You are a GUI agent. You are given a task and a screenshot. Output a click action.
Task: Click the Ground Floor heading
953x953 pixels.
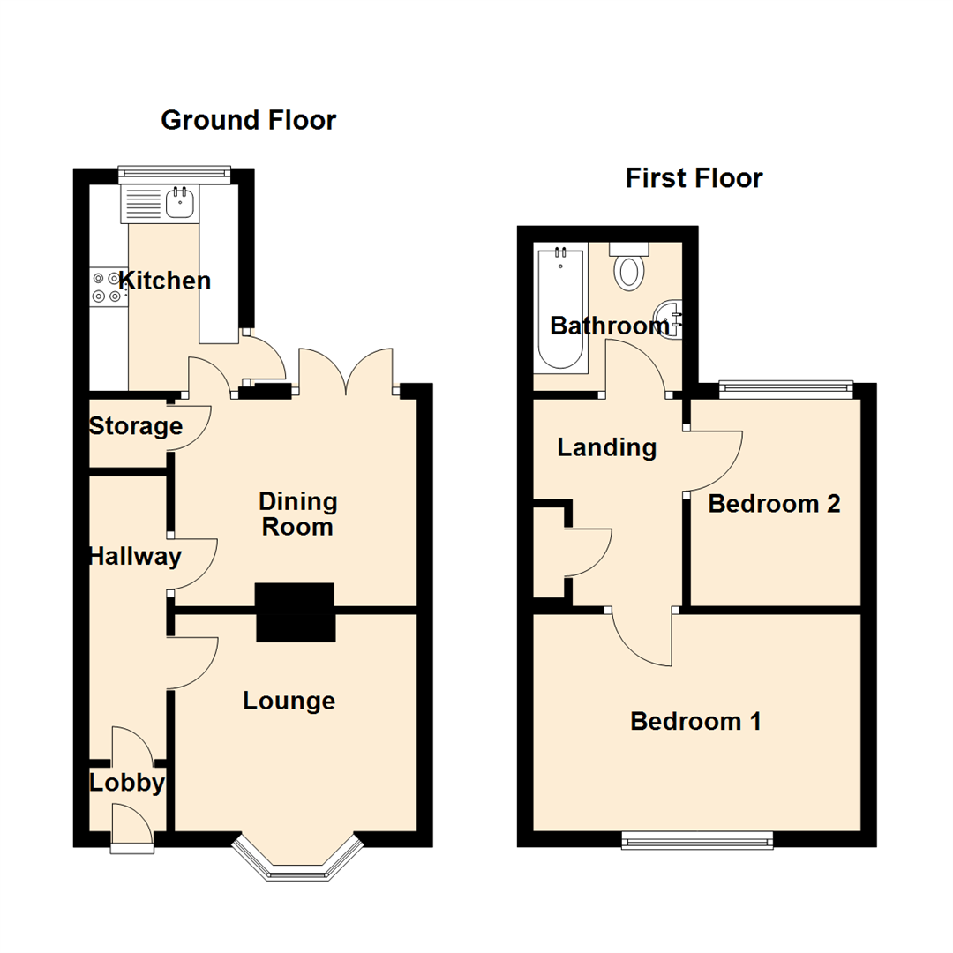point(248,120)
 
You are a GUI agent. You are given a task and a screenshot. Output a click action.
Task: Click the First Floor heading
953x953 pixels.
point(694,178)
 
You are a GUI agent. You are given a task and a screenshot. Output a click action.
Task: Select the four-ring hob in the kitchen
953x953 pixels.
point(109,287)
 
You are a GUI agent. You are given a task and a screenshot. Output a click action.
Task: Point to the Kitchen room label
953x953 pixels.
point(165,281)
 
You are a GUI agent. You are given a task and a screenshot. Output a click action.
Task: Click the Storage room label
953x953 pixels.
point(135,427)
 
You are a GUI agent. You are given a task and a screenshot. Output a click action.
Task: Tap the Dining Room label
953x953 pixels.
point(297,514)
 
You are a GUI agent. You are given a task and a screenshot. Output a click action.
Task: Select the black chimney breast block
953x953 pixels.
point(296,612)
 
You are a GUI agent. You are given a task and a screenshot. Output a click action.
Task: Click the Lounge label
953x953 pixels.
point(289,702)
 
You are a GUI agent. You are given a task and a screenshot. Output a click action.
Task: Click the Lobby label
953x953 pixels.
point(127,784)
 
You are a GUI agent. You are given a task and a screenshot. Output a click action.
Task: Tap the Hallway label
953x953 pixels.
point(135,557)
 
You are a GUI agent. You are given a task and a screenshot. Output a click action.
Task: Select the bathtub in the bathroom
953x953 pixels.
point(559,309)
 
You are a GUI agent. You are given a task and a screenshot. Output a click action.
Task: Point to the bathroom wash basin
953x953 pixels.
point(668,318)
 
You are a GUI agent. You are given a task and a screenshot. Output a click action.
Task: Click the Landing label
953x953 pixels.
point(607,448)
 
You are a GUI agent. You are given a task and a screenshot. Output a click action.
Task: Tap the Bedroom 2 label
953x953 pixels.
point(774,504)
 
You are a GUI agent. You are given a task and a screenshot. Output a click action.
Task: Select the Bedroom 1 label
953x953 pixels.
point(695,722)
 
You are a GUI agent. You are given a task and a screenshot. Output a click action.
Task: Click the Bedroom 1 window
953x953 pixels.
point(697,840)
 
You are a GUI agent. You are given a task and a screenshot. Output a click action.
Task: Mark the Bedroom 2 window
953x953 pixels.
point(786,386)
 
